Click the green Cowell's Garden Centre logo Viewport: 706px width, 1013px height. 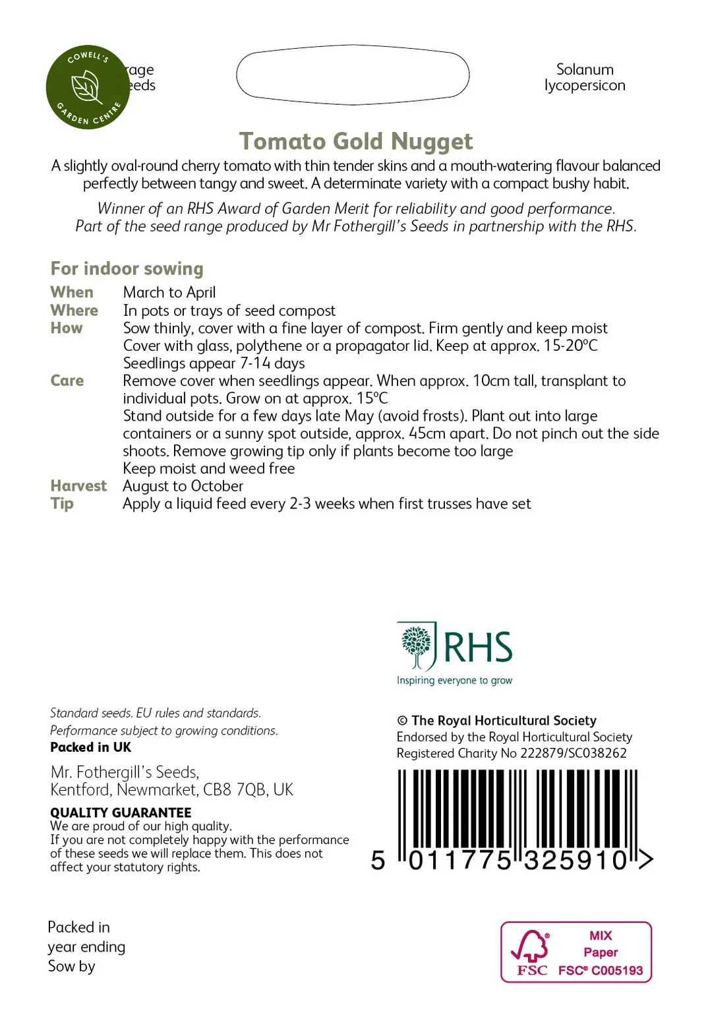(x=88, y=88)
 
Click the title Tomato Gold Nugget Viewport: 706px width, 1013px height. (x=355, y=141)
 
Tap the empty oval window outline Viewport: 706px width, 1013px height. (x=353, y=75)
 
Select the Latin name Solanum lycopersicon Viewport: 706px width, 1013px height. (x=585, y=78)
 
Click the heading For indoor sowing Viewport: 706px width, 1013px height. (x=127, y=268)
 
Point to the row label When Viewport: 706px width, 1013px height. (x=72, y=292)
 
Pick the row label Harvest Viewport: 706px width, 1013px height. (x=78, y=486)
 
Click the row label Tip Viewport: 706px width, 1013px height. (x=62, y=504)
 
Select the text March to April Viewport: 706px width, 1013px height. (x=169, y=292)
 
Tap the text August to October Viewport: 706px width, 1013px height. (x=183, y=486)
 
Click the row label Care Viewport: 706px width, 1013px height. (x=67, y=381)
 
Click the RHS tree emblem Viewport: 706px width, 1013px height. (x=416, y=646)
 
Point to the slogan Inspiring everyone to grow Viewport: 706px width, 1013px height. (x=454, y=681)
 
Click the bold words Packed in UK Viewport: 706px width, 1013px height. (x=91, y=747)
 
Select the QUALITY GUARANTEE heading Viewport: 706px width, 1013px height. (x=121, y=813)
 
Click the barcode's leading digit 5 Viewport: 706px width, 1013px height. (x=378, y=860)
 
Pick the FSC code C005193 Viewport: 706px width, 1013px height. (x=617, y=970)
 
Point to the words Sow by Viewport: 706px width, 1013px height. (x=71, y=966)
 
